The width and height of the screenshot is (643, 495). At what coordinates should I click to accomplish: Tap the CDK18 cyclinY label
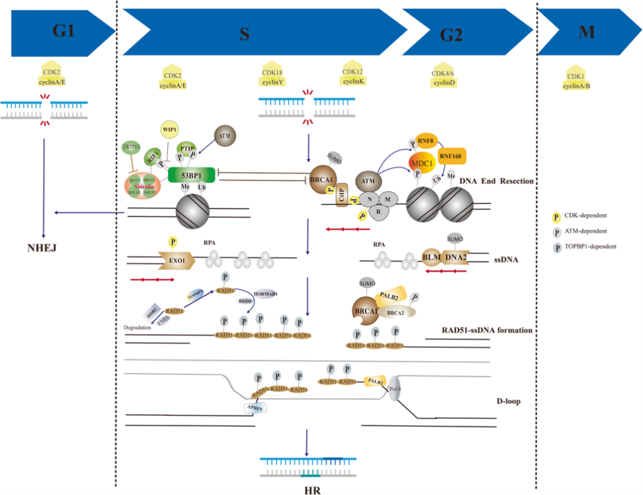coord(273,76)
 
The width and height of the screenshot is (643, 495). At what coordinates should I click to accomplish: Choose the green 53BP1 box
coord(191,175)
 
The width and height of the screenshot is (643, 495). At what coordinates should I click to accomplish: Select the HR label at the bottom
coord(308,487)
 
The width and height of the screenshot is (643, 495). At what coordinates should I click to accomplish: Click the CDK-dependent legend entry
coord(582,216)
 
